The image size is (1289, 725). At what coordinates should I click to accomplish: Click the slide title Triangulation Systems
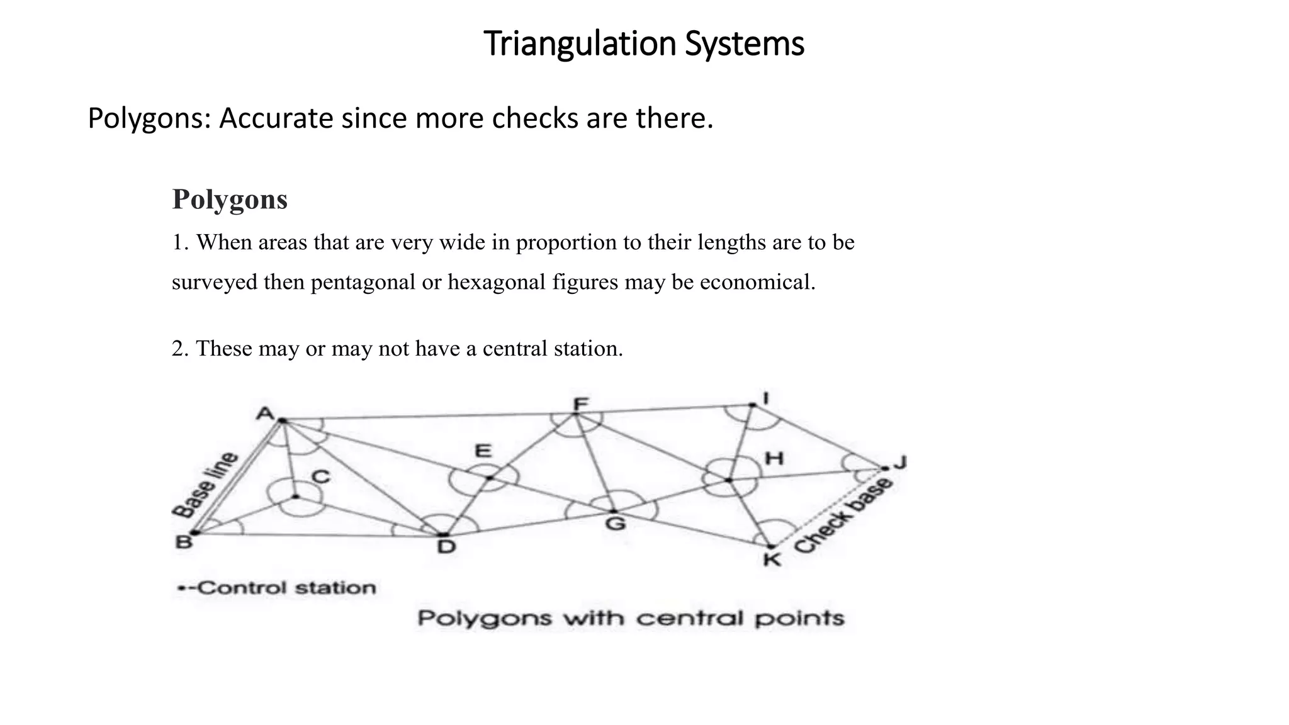(x=644, y=44)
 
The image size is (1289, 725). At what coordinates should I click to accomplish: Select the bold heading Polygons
(x=230, y=200)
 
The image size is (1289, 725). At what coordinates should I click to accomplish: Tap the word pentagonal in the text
(x=363, y=282)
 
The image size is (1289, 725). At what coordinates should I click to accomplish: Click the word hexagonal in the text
(x=497, y=282)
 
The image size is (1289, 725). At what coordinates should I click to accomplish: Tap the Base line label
(x=205, y=485)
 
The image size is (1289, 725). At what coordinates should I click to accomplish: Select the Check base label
(x=843, y=516)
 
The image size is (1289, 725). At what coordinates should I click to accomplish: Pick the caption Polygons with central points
(x=631, y=618)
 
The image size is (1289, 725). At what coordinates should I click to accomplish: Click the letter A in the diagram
(x=266, y=413)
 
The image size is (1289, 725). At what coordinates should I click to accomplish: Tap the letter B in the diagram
(x=183, y=542)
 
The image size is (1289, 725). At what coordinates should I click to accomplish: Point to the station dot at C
(x=295, y=497)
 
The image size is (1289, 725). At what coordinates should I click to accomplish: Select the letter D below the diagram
(x=446, y=546)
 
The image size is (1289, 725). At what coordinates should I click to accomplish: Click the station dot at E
(x=490, y=478)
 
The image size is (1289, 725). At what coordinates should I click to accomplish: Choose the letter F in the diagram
(x=580, y=403)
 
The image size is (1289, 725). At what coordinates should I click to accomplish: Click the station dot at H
(x=729, y=480)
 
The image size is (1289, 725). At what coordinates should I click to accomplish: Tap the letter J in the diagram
(x=900, y=463)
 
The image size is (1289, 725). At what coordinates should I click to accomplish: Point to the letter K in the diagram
(x=772, y=559)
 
